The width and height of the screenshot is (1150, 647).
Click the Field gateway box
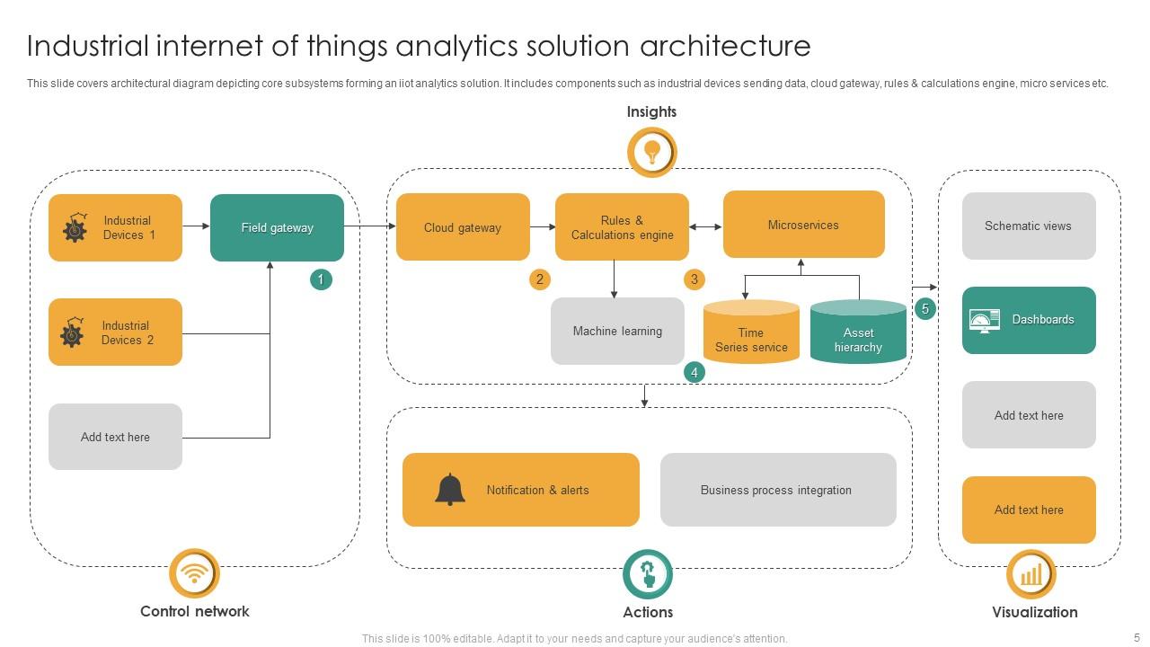coord(277,228)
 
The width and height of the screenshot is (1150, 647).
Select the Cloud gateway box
coord(463,227)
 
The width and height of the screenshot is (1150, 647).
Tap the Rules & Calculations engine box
coord(622,227)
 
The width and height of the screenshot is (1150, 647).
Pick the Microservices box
coord(803,225)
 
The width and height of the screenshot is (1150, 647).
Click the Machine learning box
coord(617,332)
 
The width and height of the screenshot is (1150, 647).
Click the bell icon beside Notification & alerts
coord(450,490)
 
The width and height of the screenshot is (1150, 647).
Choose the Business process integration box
coord(777,490)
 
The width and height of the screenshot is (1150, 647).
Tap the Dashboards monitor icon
coord(984,320)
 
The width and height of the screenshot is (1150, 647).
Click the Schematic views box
coord(1029,226)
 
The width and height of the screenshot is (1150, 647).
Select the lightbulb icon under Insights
coord(651,151)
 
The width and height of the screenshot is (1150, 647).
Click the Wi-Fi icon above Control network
coord(194,573)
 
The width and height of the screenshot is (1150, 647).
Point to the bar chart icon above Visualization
coord(1031,574)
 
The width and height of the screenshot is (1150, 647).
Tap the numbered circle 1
coord(321,279)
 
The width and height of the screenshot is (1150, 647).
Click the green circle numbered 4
coord(694,371)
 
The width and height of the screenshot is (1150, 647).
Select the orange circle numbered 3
coord(694,279)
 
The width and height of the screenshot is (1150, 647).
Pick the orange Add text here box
coord(1029,510)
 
